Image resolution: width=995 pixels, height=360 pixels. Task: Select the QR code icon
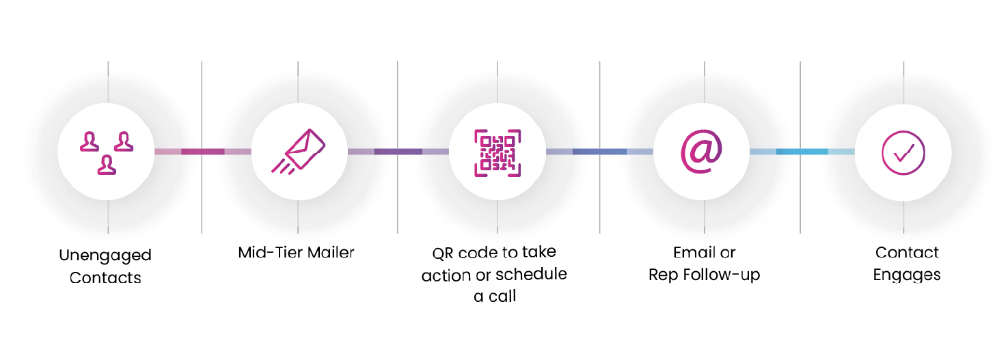(497, 152)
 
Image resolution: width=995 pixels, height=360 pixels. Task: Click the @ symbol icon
(701, 152)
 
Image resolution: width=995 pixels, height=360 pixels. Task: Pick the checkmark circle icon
(903, 152)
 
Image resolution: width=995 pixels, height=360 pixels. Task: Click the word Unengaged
(105, 256)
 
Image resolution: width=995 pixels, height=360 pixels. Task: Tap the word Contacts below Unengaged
(105, 278)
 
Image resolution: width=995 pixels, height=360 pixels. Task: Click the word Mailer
(330, 253)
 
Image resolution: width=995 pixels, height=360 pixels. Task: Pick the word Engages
(907, 275)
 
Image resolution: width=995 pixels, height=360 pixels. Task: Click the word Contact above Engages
(907, 253)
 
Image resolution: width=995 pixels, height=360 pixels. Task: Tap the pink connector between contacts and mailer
(202, 152)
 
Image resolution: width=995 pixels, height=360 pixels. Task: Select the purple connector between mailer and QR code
(398, 152)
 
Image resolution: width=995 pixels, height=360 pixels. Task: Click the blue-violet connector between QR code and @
(599, 152)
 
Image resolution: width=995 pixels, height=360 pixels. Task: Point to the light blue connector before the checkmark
(802, 152)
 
